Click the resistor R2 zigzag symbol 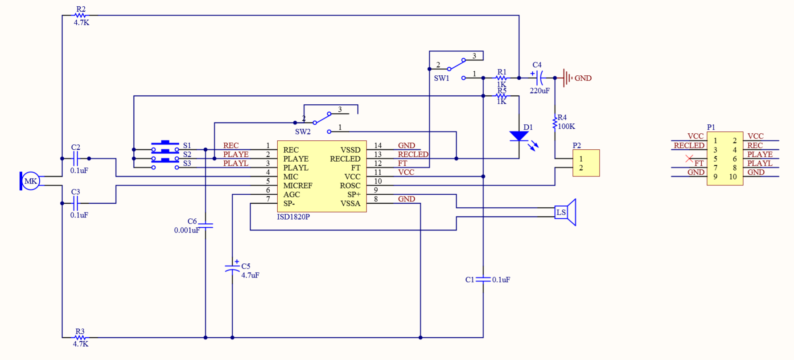tap(81, 16)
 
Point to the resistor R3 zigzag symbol tap(81, 338)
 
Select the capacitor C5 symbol tap(232, 268)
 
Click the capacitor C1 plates tap(483, 279)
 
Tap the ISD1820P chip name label tap(293, 217)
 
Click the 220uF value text tap(539, 90)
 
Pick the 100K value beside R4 tap(566, 126)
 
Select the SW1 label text tap(441, 78)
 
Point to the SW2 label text tap(303, 131)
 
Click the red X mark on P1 tap(689, 158)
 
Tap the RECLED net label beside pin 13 tap(413, 154)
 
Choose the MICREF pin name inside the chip tap(298, 185)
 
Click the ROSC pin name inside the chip tap(350, 185)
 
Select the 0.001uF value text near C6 tap(187, 230)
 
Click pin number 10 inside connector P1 tap(733, 176)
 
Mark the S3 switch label tap(187, 164)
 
